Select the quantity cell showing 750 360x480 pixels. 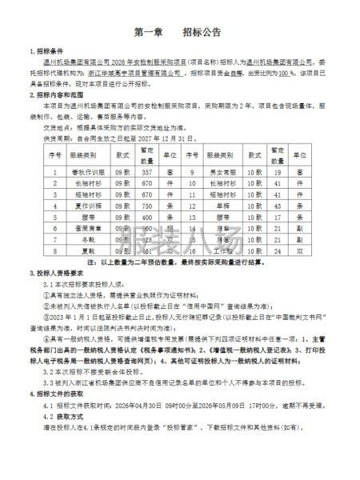tap(146, 206)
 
